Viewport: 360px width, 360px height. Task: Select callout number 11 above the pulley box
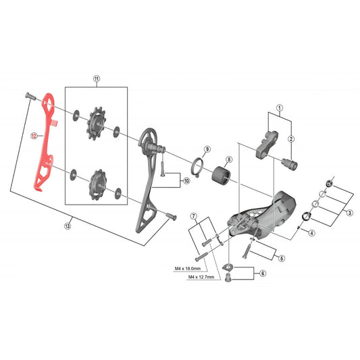click(x=96, y=79)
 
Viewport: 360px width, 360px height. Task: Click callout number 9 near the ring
click(x=207, y=149)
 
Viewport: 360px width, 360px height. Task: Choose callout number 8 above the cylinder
click(x=228, y=160)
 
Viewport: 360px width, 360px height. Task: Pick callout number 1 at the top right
click(x=278, y=107)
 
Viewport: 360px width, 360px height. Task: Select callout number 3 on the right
click(x=350, y=213)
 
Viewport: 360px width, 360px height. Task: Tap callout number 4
click(x=311, y=233)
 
